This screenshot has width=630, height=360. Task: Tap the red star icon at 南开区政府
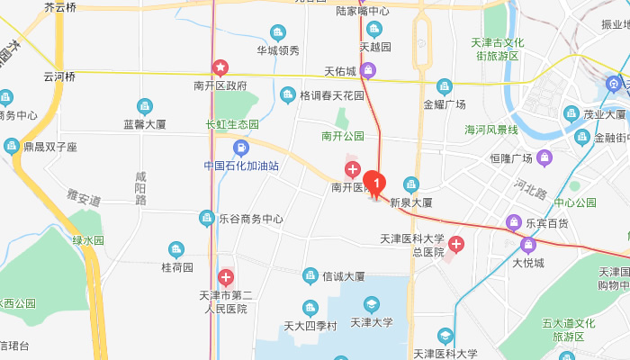220,67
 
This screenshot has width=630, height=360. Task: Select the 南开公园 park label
342,137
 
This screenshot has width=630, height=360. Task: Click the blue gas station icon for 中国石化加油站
239,148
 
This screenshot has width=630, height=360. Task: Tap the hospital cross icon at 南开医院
353,169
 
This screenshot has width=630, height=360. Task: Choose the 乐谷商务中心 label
251,219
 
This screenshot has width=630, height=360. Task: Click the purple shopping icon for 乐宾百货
514,221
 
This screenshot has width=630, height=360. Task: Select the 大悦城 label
530,263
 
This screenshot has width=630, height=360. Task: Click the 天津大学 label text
372,321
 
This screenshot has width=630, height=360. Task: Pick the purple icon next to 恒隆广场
544,159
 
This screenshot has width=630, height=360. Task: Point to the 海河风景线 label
491,130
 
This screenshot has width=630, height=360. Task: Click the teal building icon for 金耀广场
444,86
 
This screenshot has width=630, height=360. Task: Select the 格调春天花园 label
332,95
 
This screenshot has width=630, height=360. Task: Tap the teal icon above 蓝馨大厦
141,106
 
